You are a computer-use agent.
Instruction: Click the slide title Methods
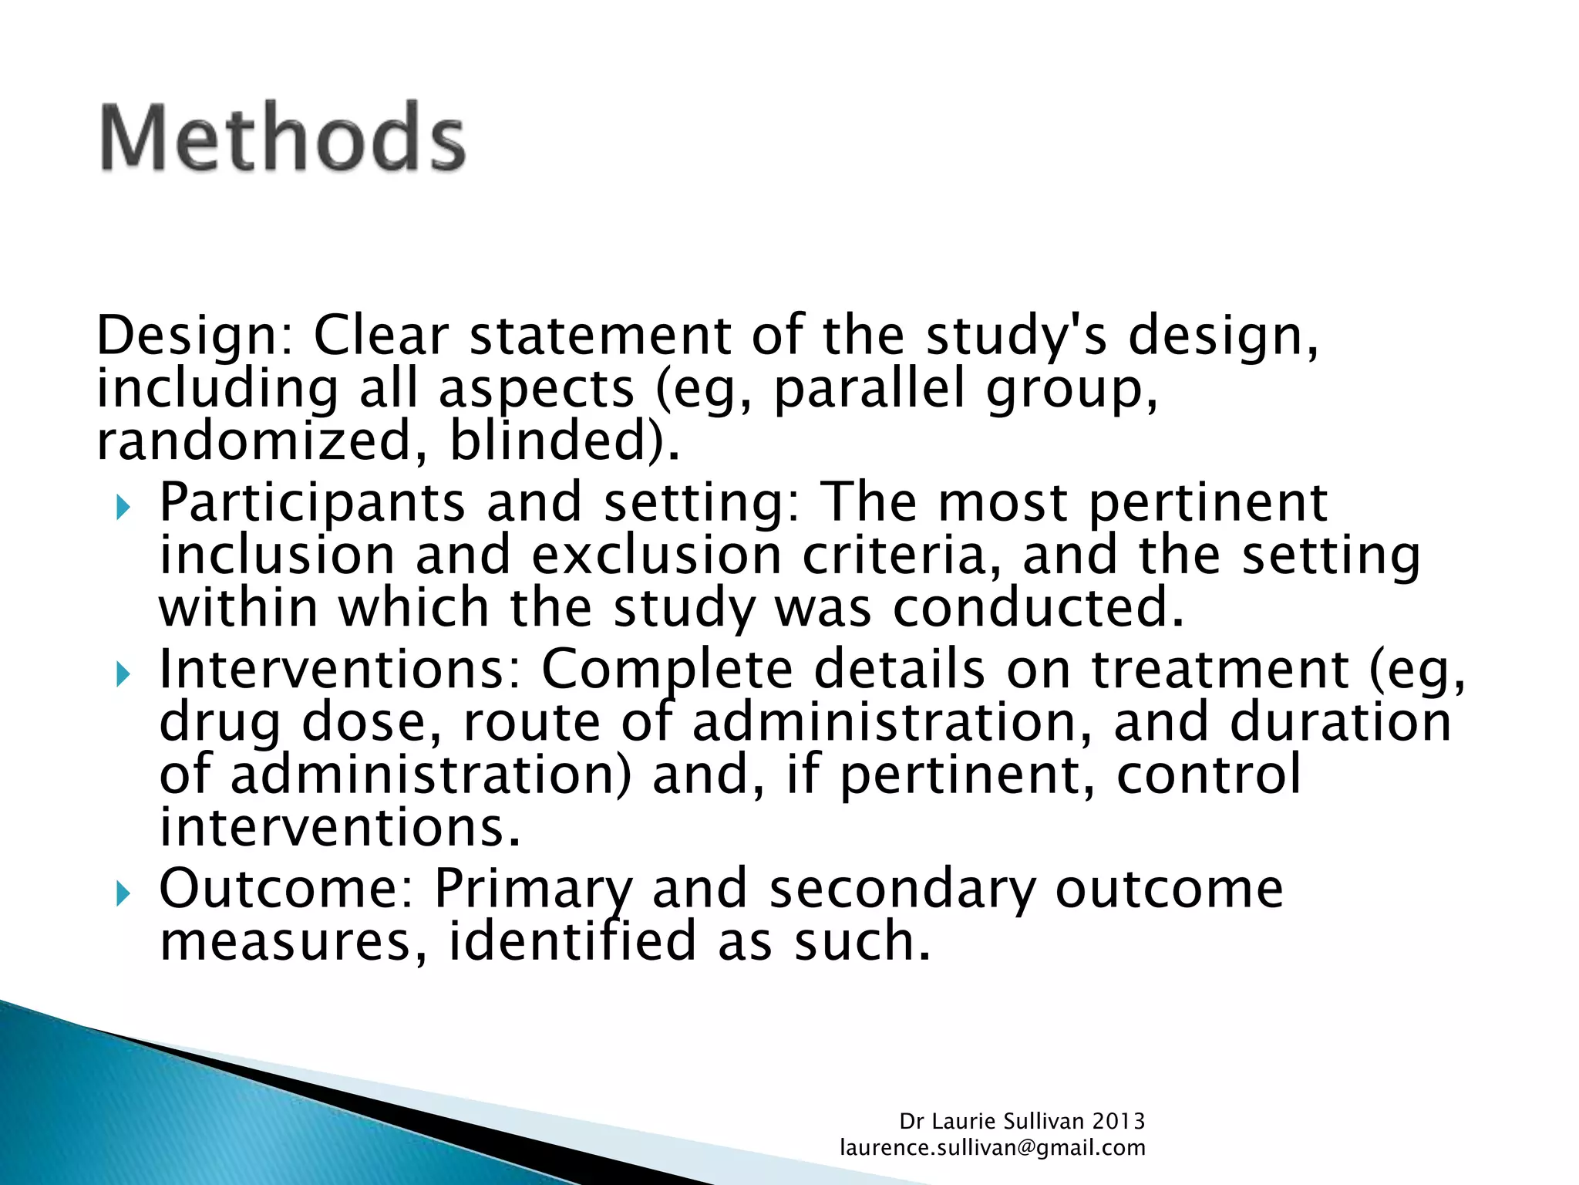click(x=283, y=137)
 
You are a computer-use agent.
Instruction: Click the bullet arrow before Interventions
click(x=123, y=675)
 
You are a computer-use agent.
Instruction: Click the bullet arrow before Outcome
click(x=123, y=894)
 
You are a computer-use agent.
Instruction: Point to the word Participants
click(x=311, y=503)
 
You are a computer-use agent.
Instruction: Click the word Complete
click(x=667, y=669)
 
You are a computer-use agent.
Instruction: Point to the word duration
click(x=1340, y=722)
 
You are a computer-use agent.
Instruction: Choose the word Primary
click(x=532, y=889)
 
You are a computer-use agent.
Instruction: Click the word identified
click(x=572, y=941)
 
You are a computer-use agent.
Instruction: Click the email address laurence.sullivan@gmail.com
click(x=992, y=1148)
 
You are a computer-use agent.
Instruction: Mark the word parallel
click(x=869, y=388)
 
